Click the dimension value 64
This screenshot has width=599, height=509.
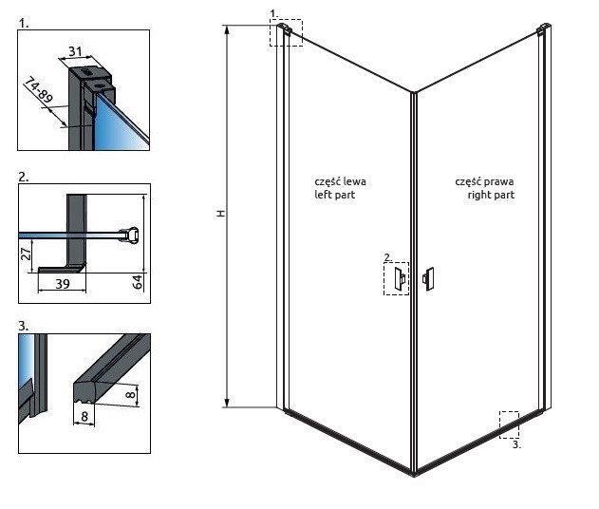click(x=138, y=281)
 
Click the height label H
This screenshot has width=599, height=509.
click(x=219, y=215)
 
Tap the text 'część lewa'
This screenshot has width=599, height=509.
click(x=340, y=180)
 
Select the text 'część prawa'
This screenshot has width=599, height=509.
click(x=484, y=180)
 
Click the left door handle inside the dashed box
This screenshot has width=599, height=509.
click(x=399, y=277)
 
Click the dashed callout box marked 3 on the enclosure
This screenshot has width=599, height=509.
click(x=509, y=424)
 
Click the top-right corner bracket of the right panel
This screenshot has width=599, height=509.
click(x=544, y=30)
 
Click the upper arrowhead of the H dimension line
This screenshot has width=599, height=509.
click(x=227, y=29)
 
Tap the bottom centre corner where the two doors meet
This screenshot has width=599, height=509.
click(x=414, y=472)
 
